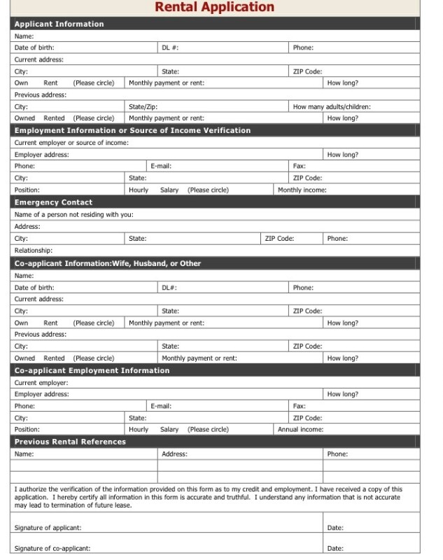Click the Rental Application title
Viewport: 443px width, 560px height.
point(214,8)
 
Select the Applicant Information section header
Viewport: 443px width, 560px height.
point(59,24)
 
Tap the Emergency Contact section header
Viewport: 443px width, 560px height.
point(54,202)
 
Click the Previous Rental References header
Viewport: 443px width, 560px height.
point(71,442)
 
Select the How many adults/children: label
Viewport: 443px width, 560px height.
point(332,107)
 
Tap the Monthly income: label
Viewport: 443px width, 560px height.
point(302,190)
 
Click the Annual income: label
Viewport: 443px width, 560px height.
point(301,429)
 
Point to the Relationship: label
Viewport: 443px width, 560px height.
point(34,250)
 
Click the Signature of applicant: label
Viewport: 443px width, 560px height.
point(48,527)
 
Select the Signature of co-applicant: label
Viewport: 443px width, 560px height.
point(52,548)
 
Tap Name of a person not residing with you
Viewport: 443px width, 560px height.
point(74,214)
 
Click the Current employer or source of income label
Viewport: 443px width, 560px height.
point(72,142)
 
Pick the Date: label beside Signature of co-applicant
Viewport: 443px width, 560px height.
point(335,548)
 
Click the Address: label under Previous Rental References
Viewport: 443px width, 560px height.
point(174,454)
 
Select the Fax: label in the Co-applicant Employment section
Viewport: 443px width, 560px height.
point(300,405)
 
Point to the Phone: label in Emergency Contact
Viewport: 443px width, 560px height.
point(337,238)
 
